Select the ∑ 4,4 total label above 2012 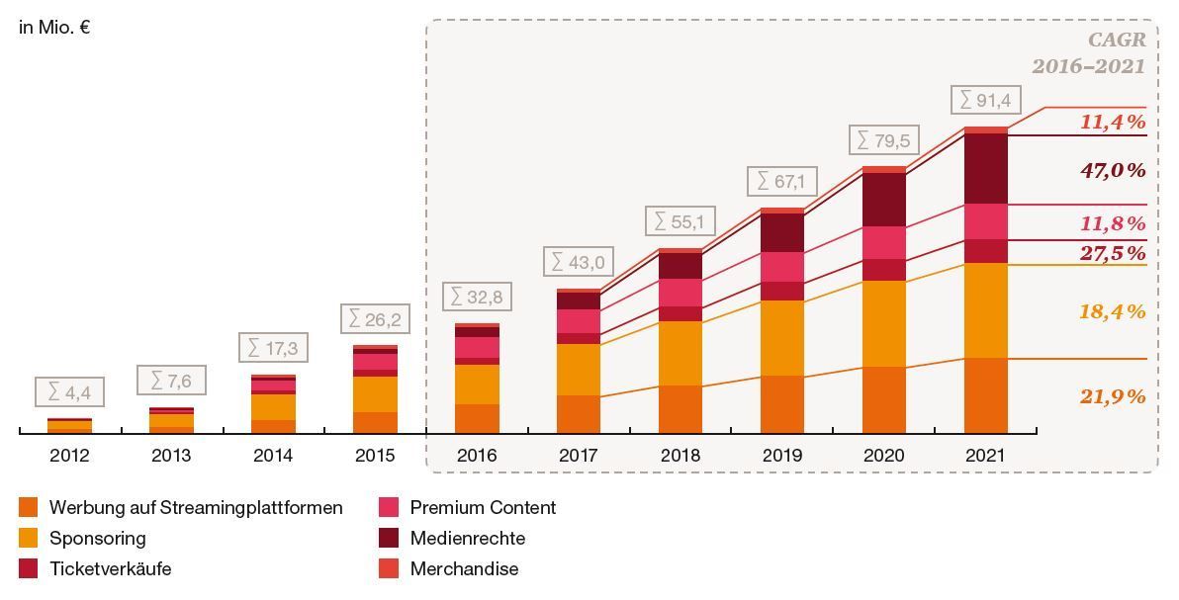[69, 391]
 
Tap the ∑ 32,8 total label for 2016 [477, 297]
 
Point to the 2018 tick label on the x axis [680, 456]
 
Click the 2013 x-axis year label [171, 456]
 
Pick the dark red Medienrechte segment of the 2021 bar [985, 168]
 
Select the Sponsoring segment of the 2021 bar [985, 310]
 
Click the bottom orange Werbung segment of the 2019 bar [782, 404]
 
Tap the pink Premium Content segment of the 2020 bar [883, 242]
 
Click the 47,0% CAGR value [1113, 170]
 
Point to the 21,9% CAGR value [1113, 396]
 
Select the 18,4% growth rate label [1113, 311]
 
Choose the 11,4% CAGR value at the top [1113, 122]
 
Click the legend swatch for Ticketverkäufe [29, 568]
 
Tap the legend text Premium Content [483, 507]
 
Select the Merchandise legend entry [464, 568]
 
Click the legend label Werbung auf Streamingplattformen [196, 507]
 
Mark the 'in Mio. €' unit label [54, 28]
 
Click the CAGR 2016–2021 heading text [1088, 53]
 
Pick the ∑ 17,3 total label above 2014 [273, 348]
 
